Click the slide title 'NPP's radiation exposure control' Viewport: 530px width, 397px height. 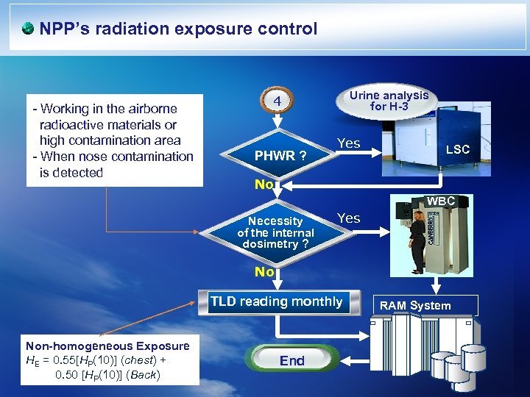click(178, 29)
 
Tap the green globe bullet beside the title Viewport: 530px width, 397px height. click(27, 29)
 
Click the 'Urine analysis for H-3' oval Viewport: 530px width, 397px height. click(389, 101)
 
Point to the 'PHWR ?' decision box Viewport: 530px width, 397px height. click(280, 156)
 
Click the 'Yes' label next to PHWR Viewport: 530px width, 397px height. click(348, 143)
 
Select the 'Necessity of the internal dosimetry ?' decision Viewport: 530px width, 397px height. click(275, 232)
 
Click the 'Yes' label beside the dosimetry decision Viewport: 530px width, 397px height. click(348, 218)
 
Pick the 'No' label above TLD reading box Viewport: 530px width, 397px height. click(264, 272)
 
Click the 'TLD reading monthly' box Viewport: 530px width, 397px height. click(276, 301)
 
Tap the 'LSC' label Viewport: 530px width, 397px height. click(457, 149)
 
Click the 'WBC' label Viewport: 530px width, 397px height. click(441, 201)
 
